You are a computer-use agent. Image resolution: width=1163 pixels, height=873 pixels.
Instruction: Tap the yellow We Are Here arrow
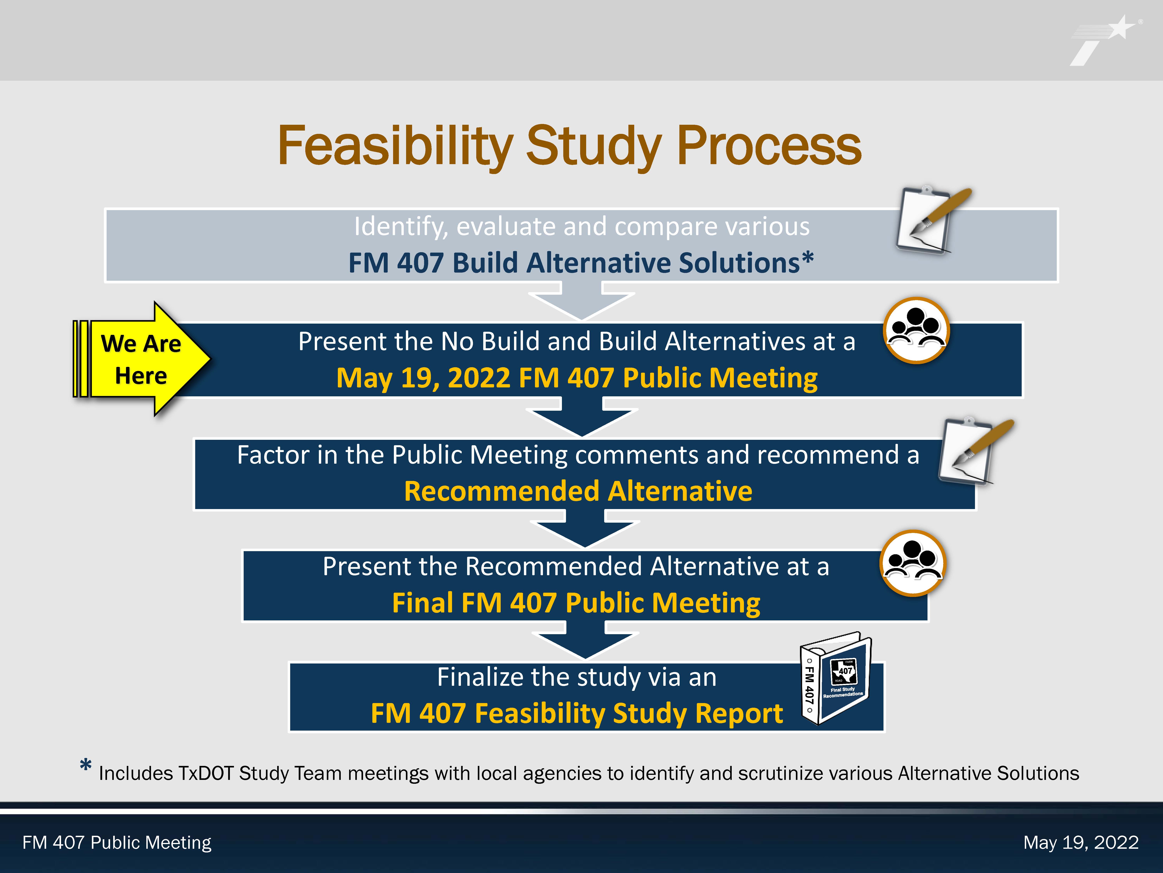click(x=142, y=359)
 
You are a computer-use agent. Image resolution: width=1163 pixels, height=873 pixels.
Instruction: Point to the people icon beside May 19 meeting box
click(x=916, y=330)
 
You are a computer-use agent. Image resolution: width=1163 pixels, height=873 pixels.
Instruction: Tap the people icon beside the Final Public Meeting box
click(x=913, y=563)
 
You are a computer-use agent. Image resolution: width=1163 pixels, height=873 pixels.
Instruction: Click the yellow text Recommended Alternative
click(x=578, y=491)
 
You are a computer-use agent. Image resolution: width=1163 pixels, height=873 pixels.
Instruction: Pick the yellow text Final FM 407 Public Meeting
click(x=576, y=603)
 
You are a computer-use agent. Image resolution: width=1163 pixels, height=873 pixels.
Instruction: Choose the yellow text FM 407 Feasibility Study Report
click(x=577, y=714)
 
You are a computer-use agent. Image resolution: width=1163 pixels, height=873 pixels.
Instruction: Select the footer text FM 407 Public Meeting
click(x=117, y=843)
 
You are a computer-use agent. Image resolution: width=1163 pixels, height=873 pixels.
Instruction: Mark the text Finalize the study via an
click(x=577, y=677)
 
